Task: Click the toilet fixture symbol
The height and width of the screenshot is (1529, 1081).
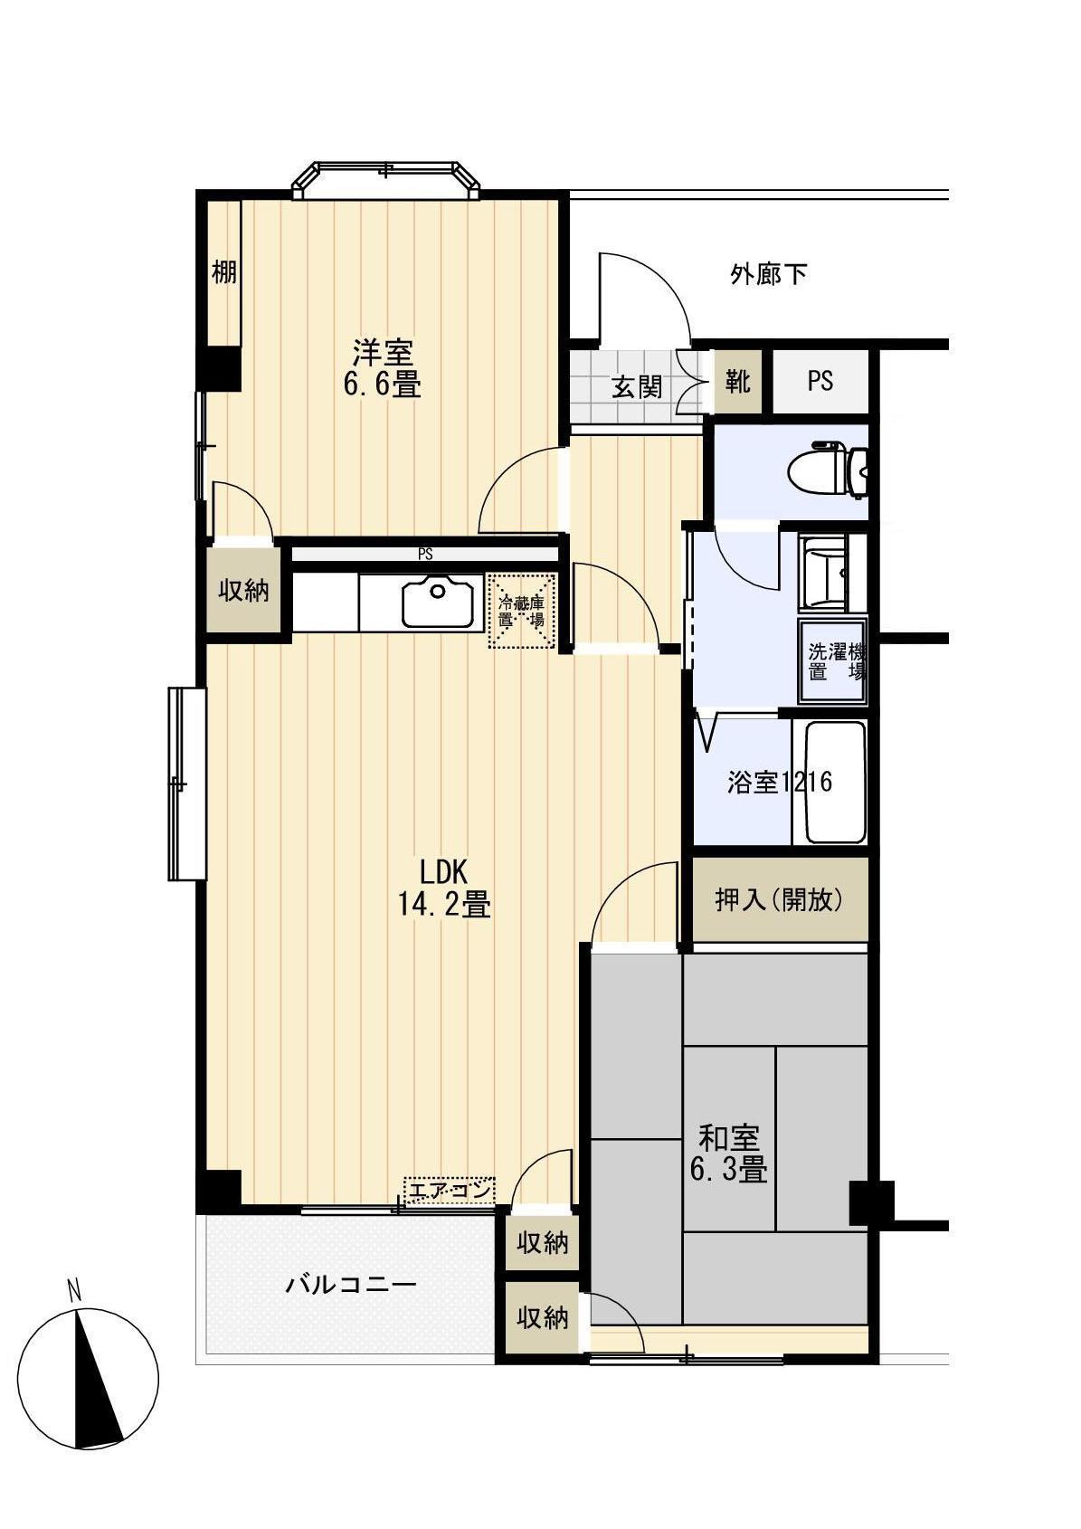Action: [x=826, y=471]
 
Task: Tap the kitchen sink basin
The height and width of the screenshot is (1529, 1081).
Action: [x=438, y=602]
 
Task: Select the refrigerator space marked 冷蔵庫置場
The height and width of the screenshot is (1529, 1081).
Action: [x=522, y=611]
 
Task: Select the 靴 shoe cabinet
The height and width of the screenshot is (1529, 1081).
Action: [x=738, y=381]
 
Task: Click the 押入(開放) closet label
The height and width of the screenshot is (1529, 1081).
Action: [x=779, y=900]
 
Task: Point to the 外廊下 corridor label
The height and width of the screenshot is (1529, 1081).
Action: [x=768, y=274]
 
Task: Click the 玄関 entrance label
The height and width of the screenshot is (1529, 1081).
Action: [x=636, y=388]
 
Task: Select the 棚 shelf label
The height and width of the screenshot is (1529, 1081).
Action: [x=223, y=273]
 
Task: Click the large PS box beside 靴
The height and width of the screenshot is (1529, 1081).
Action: [x=820, y=381]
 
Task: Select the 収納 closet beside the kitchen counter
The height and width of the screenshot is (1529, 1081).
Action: [x=243, y=591]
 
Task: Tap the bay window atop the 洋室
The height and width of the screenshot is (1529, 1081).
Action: [x=385, y=179]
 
